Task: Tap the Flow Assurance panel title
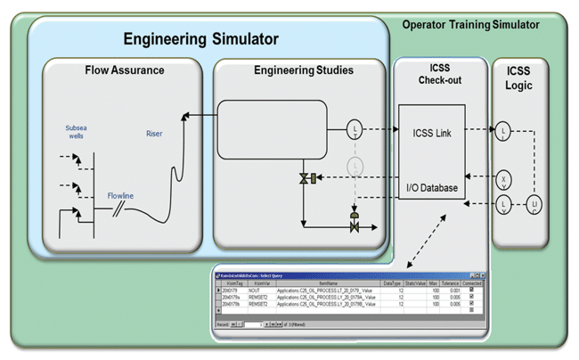[x=125, y=70]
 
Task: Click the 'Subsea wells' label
[x=76, y=133]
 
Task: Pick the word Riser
[x=154, y=134]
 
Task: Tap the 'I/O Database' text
[x=432, y=188]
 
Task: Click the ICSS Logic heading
[x=519, y=78]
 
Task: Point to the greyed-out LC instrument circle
[x=355, y=166]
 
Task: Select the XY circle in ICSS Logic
[x=503, y=179]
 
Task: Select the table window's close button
[x=482, y=275]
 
